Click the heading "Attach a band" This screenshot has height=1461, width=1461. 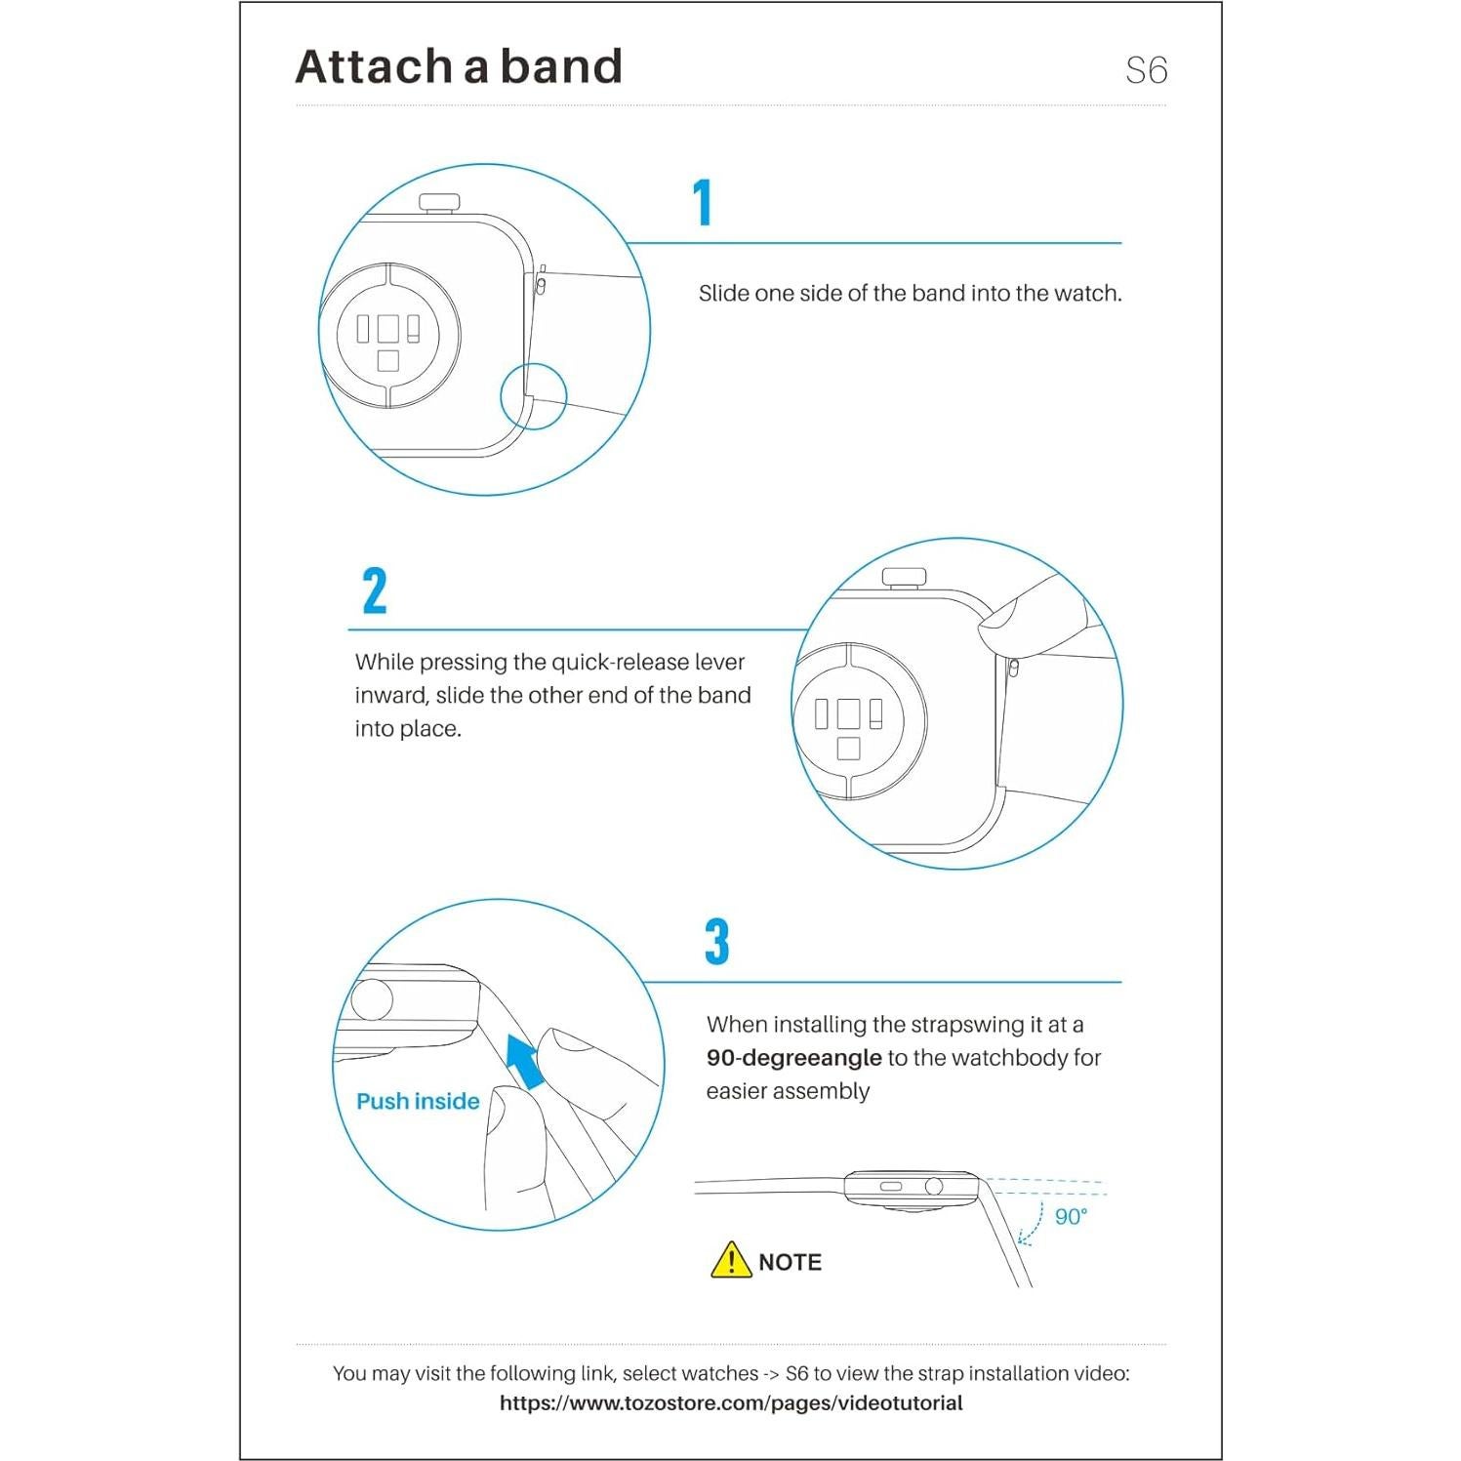[459, 67]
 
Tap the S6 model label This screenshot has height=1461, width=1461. [1146, 70]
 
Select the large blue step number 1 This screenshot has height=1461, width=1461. [703, 203]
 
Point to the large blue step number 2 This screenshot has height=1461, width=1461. [375, 591]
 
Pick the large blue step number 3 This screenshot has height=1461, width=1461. [717, 942]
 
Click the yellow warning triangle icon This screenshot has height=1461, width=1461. [731, 1261]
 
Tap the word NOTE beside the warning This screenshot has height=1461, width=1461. [790, 1262]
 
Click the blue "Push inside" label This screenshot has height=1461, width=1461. [418, 1101]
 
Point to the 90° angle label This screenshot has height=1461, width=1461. [1071, 1216]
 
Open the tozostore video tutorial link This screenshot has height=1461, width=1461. [731, 1403]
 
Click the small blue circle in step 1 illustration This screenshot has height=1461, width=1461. [534, 396]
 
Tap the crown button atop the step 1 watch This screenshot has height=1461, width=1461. [439, 203]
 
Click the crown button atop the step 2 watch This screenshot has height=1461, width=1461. [904, 577]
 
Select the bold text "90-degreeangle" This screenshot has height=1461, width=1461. [793, 1058]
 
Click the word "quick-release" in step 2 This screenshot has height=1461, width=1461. [621, 662]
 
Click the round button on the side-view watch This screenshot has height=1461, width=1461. [934, 1186]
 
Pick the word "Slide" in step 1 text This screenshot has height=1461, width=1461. [723, 294]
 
